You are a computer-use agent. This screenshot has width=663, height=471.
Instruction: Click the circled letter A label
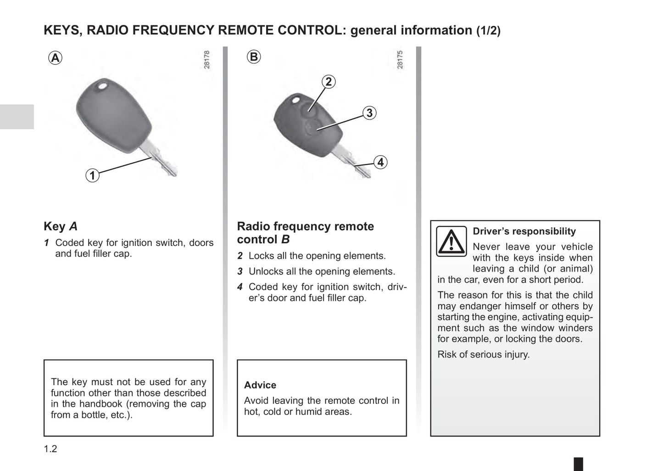coord(55,58)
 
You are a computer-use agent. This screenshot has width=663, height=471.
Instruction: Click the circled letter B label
coord(254,57)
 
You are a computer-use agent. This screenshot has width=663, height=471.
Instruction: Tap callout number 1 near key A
coord(92,175)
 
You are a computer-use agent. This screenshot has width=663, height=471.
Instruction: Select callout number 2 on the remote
coord(328,82)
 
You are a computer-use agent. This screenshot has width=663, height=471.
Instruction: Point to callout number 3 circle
coord(369,113)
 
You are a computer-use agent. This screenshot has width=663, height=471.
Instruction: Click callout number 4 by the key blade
coord(380,162)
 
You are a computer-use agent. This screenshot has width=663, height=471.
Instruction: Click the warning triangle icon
coord(451,241)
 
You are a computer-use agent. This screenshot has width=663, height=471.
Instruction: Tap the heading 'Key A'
coord(61,226)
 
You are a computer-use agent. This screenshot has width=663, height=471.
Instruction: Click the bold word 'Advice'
coord(260,385)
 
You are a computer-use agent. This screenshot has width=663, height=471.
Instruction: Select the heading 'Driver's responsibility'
coord(524,231)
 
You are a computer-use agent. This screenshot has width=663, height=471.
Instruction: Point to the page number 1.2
coord(50,449)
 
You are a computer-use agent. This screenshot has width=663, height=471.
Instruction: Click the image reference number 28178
coord(207,60)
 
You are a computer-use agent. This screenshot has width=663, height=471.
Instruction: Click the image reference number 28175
coord(400,60)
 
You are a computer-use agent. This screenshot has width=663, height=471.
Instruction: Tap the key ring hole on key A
coord(103,85)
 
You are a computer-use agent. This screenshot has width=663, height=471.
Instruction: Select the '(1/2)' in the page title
coord(488,31)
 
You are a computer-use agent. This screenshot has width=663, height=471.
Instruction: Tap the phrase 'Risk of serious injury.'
coord(483,354)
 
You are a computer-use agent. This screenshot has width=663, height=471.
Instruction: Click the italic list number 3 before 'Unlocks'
coord(240,272)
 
